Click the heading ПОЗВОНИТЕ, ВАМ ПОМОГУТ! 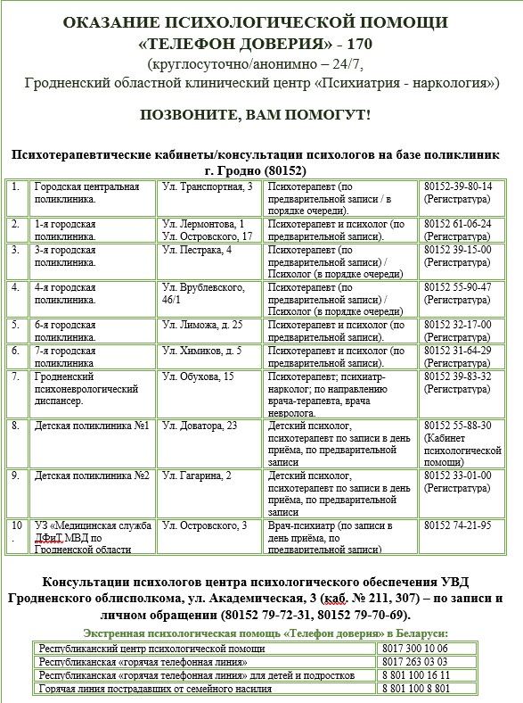tap(256, 116)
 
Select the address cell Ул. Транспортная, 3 tap(207, 186)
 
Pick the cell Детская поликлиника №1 tap(91, 426)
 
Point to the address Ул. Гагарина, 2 tap(197, 475)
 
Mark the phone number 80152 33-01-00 tap(457, 475)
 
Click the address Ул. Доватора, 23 tap(200, 426)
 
